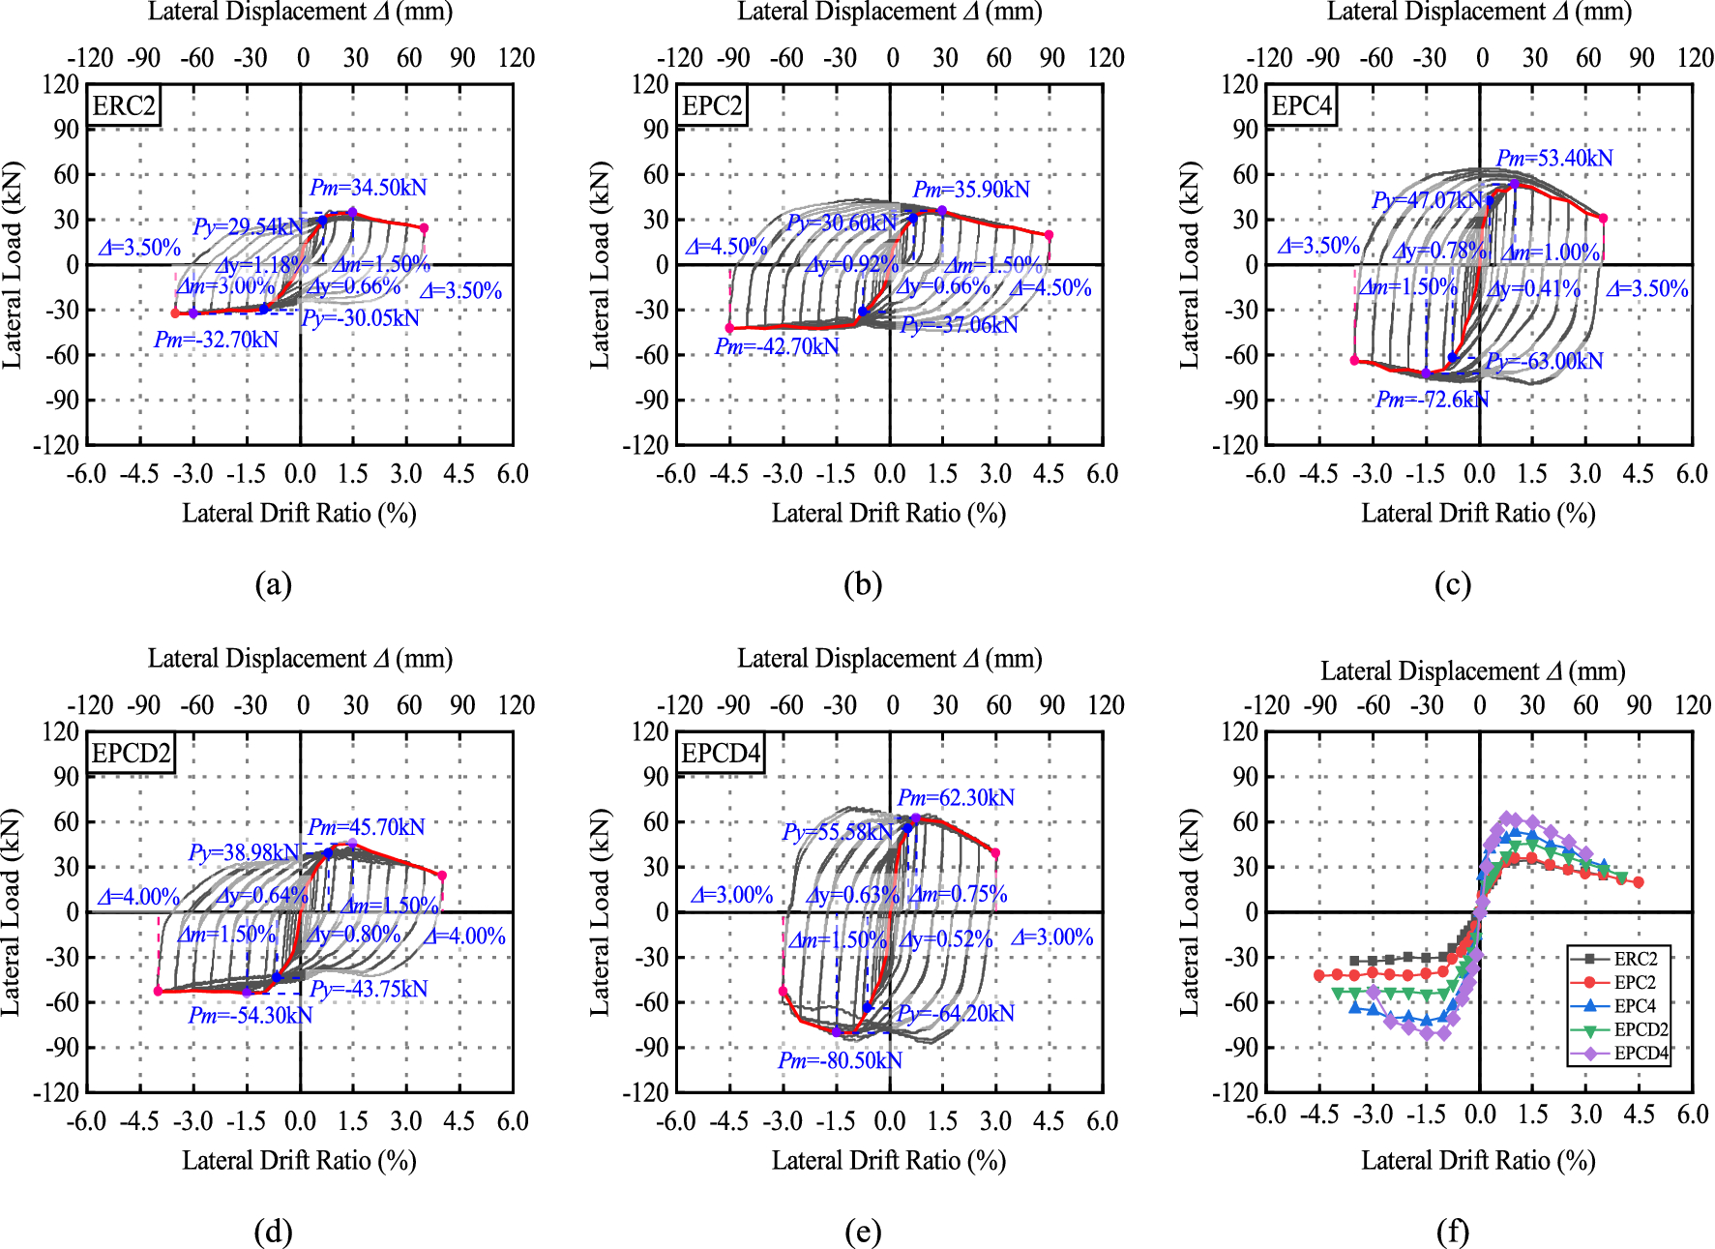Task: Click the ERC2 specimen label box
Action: point(124,105)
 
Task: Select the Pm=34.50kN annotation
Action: point(368,188)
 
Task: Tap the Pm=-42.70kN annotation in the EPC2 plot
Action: point(777,346)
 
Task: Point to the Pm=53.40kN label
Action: point(1554,158)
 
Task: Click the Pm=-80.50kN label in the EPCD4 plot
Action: point(840,1060)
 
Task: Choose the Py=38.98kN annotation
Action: point(244,852)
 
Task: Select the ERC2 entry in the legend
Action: point(1635,959)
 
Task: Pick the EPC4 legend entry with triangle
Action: point(1635,1006)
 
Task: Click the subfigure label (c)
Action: point(1452,584)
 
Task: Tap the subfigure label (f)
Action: point(1452,1232)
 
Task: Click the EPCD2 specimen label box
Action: point(131,753)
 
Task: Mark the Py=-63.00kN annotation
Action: point(1545,361)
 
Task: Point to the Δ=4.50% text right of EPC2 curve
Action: point(1050,288)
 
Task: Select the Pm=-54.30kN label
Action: point(251,1015)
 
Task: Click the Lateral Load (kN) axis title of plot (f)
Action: point(1189,911)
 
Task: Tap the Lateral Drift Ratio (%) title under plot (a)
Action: point(299,513)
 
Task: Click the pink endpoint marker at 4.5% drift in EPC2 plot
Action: point(1049,235)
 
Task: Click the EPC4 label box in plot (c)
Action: point(1301,105)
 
